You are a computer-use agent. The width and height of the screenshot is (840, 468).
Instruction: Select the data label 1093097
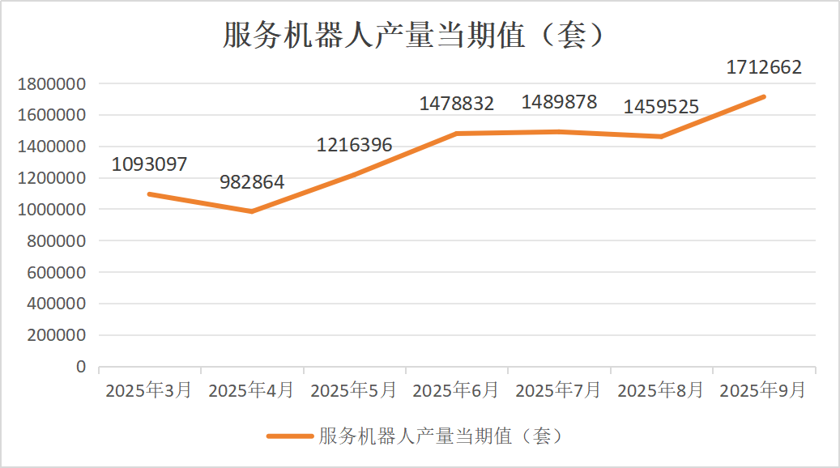click(x=149, y=164)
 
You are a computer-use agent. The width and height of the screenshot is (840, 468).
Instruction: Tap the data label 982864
click(x=252, y=182)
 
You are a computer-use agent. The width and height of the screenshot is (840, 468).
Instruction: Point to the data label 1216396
click(x=354, y=146)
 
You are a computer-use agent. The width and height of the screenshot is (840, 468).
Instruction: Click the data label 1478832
click(x=456, y=104)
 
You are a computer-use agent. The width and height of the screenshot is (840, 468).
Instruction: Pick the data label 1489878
click(x=559, y=102)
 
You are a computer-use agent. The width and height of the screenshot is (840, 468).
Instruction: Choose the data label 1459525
click(x=661, y=106)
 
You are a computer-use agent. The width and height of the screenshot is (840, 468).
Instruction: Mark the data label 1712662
click(x=764, y=67)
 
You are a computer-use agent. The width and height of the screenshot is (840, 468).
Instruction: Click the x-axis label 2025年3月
click(x=149, y=390)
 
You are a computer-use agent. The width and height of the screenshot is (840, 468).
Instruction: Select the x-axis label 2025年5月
click(x=354, y=390)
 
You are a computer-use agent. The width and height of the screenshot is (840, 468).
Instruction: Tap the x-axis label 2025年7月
click(x=559, y=390)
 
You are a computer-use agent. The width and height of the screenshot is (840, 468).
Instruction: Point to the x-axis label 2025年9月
click(x=763, y=390)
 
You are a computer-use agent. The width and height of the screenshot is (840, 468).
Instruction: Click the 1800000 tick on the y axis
click(x=51, y=83)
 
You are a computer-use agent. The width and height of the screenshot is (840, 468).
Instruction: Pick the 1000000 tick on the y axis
click(x=51, y=210)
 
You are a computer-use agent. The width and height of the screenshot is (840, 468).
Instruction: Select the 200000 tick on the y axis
click(x=56, y=335)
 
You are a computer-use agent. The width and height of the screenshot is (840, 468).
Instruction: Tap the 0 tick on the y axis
click(x=80, y=367)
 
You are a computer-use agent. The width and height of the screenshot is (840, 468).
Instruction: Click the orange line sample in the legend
click(x=289, y=436)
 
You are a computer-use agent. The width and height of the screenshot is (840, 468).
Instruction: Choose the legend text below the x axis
click(x=441, y=436)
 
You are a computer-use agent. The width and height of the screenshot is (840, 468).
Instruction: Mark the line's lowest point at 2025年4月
click(x=252, y=211)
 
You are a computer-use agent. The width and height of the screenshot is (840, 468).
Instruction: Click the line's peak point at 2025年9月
click(x=764, y=96)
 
